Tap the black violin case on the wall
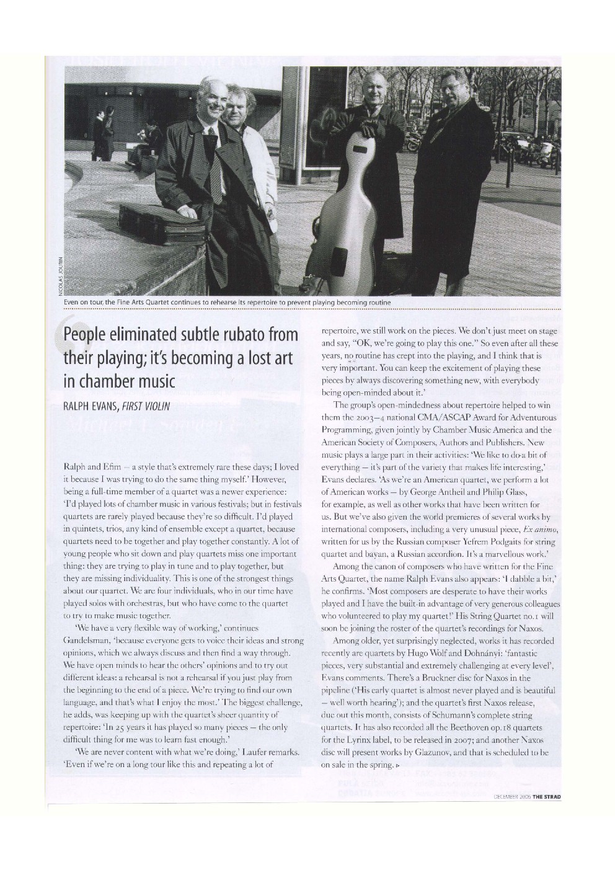pyautogui.click(x=150, y=223)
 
